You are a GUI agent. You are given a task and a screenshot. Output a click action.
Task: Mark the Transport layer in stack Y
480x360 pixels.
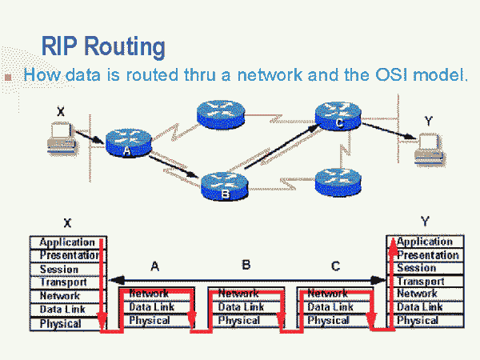[x=422, y=282]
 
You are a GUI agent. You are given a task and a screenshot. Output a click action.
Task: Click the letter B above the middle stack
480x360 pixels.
[x=246, y=265]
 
